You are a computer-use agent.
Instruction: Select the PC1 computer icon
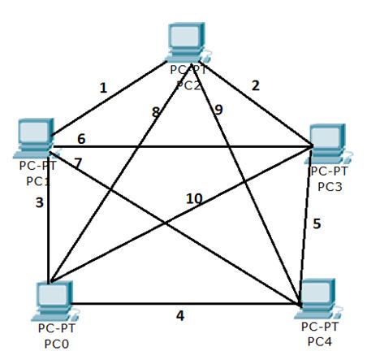(x=35, y=138)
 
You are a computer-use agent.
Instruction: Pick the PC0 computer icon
(x=55, y=301)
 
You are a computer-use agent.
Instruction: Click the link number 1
(x=103, y=89)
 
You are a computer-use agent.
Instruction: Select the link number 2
(x=256, y=85)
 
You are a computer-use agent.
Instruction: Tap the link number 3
(x=40, y=202)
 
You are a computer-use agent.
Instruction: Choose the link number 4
(x=180, y=315)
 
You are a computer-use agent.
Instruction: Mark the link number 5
(x=317, y=223)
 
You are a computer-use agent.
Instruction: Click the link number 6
(x=81, y=139)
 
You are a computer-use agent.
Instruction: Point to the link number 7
(x=78, y=163)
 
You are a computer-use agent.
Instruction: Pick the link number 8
(x=156, y=112)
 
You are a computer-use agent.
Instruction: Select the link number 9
(x=218, y=110)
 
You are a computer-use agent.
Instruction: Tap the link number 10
(x=194, y=199)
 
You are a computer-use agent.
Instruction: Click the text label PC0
(x=57, y=344)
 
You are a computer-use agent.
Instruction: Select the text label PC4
(x=320, y=341)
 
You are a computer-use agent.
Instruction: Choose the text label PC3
(x=330, y=187)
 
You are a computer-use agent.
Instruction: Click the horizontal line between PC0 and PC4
(x=185, y=304)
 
